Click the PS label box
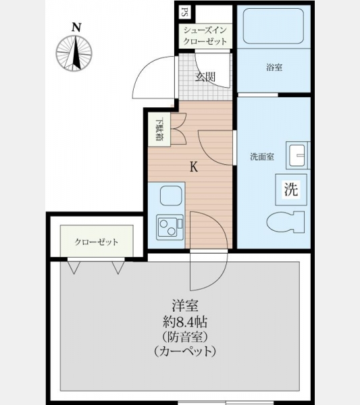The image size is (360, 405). click(185, 12)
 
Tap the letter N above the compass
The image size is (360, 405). click(76, 28)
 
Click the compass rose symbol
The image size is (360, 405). click(74, 53)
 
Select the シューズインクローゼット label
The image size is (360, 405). click(205, 36)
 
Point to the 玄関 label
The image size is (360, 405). click(205, 77)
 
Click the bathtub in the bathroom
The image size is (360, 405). click(274, 26)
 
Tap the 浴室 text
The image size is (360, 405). click(274, 67)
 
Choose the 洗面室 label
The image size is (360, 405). click(262, 157)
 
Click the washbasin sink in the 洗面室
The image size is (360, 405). click(297, 155)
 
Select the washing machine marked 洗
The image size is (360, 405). click(291, 190)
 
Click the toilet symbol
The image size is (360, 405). click(286, 222)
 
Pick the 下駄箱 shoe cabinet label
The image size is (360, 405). click(159, 129)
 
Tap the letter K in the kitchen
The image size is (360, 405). click(194, 167)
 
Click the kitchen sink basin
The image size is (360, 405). click(171, 196)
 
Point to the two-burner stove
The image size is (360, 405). click(170, 227)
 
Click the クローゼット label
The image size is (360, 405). click(96, 242)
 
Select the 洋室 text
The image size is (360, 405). click(185, 306)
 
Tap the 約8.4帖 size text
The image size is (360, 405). click(185, 322)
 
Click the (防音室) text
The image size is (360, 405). click(185, 337)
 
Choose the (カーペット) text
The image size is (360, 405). click(185, 351)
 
